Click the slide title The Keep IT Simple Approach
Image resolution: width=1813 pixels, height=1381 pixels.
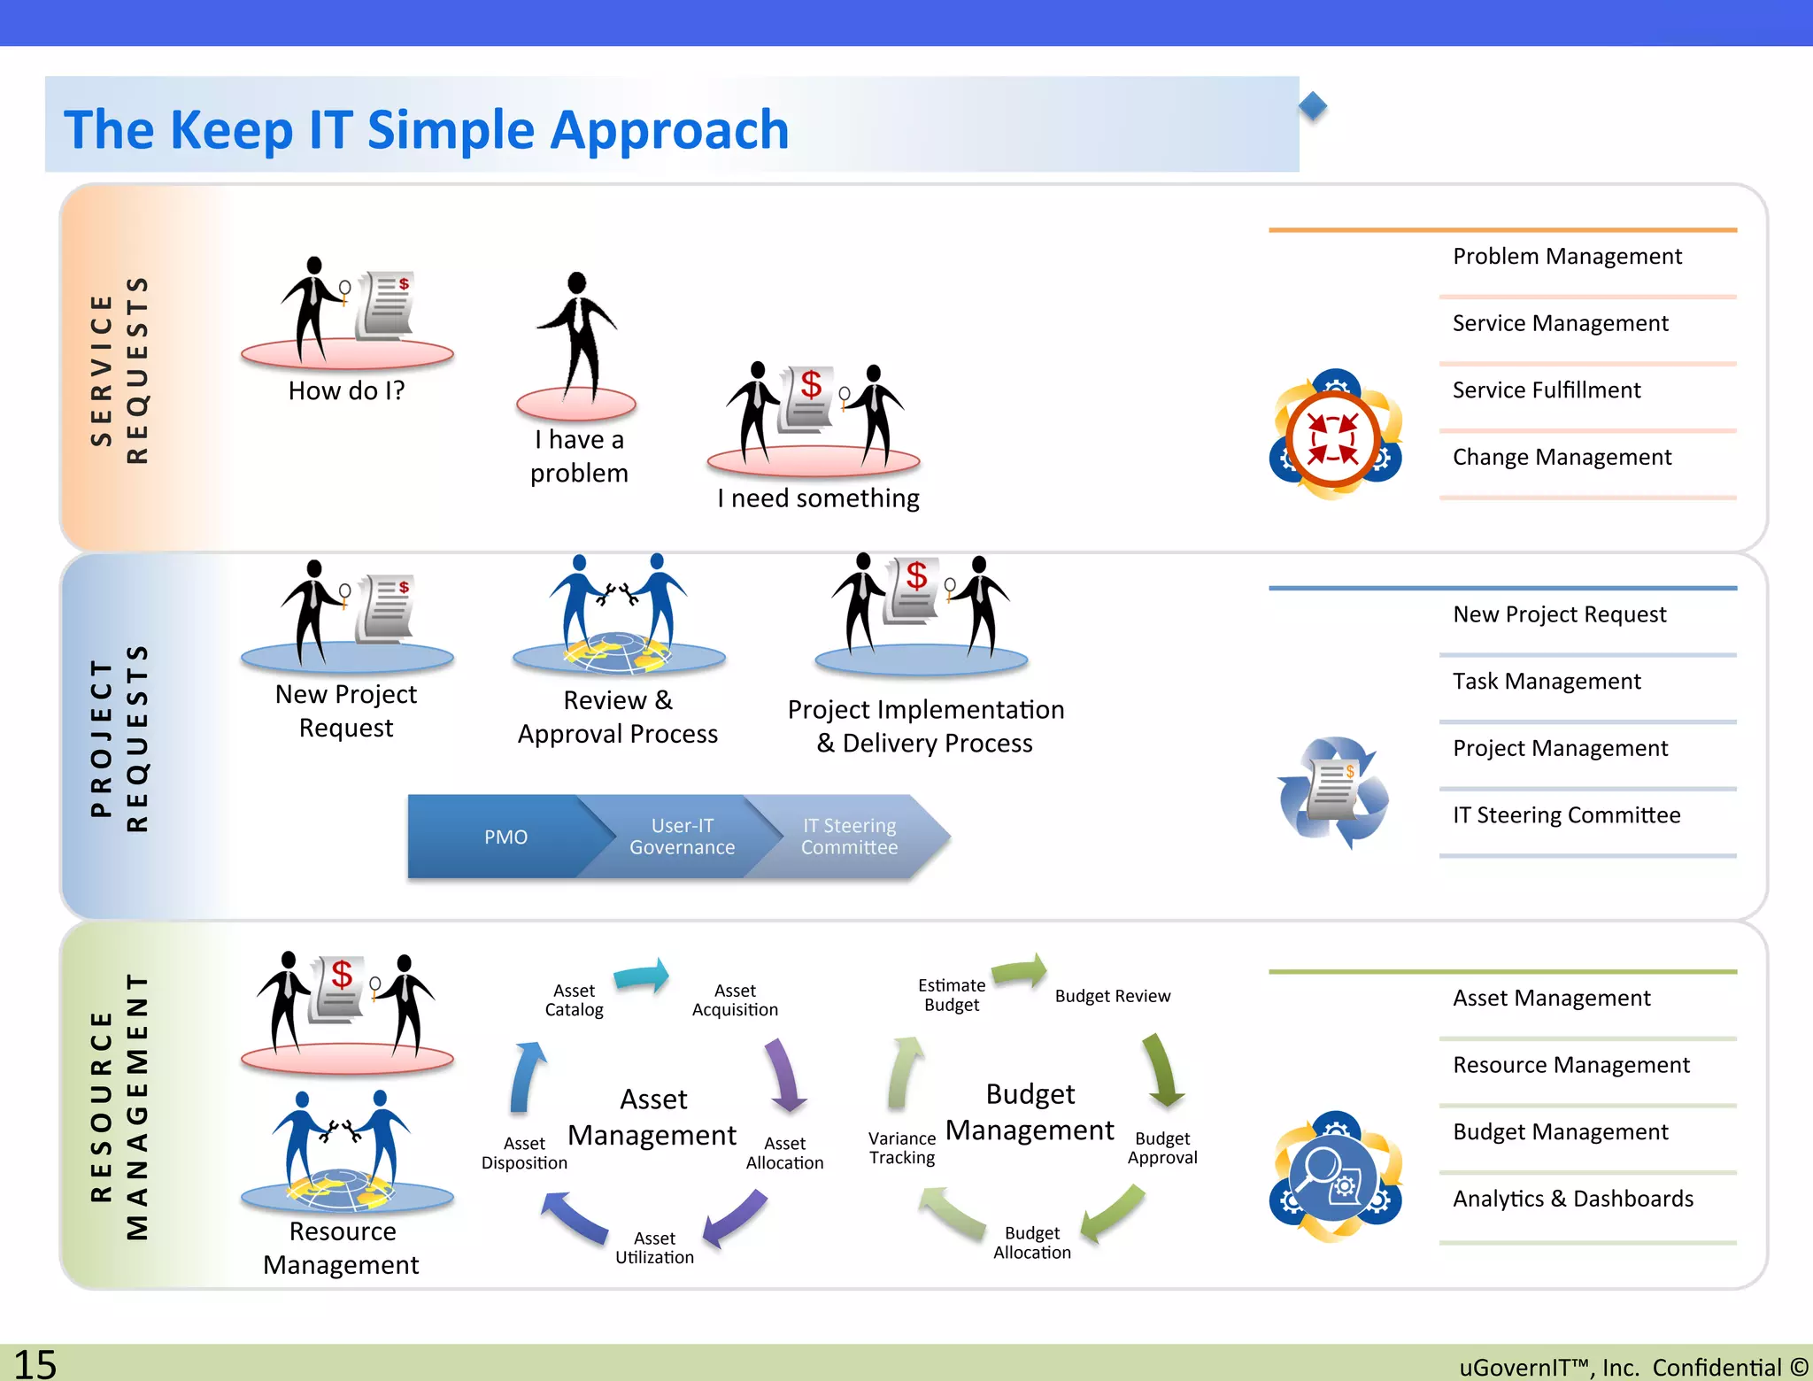pos(426,129)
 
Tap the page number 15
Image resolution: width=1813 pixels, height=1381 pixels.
pos(35,1363)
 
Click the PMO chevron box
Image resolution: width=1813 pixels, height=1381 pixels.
pos(505,837)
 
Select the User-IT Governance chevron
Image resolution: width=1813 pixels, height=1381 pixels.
pos(682,837)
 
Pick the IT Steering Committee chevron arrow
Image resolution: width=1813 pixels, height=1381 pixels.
pos(850,837)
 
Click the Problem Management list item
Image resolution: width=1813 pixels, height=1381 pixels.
pos(1566,257)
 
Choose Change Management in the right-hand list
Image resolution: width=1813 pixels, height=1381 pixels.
pos(1562,458)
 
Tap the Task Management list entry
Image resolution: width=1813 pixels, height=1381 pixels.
pos(1547,682)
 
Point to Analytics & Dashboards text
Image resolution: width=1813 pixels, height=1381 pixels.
pos(1572,1199)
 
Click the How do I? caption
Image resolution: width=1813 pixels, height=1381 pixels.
pos(346,390)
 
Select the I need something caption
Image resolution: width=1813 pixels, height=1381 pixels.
pos(818,498)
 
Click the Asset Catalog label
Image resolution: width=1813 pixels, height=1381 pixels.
pos(574,1000)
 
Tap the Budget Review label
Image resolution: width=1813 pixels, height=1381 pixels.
pos(1112,996)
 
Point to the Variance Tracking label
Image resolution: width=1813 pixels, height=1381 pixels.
pos(902,1148)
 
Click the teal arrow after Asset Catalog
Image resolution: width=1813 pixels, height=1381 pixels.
pos(642,976)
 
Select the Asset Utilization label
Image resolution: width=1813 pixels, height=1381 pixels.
pos(654,1247)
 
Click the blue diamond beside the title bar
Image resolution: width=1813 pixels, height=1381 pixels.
pos(1313,106)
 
